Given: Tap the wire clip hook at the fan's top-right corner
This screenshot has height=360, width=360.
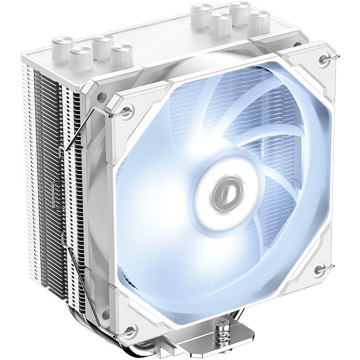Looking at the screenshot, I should (326, 59).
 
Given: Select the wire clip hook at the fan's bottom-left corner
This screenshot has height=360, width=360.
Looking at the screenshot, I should (131, 328).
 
